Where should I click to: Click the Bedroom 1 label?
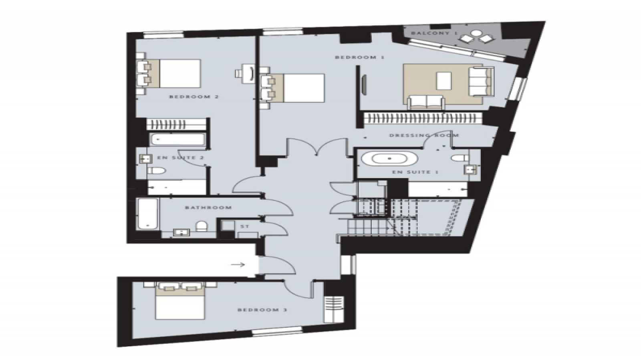[x=359, y=57]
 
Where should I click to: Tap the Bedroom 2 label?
[x=194, y=97]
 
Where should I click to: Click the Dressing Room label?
[x=424, y=136]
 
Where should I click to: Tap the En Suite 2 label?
[x=180, y=158]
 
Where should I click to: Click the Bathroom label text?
[x=208, y=207]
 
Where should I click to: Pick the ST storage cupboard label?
[x=244, y=227]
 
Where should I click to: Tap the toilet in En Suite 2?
[x=157, y=172]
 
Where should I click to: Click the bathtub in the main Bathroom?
[x=148, y=215]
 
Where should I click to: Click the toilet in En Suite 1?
[x=460, y=158]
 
